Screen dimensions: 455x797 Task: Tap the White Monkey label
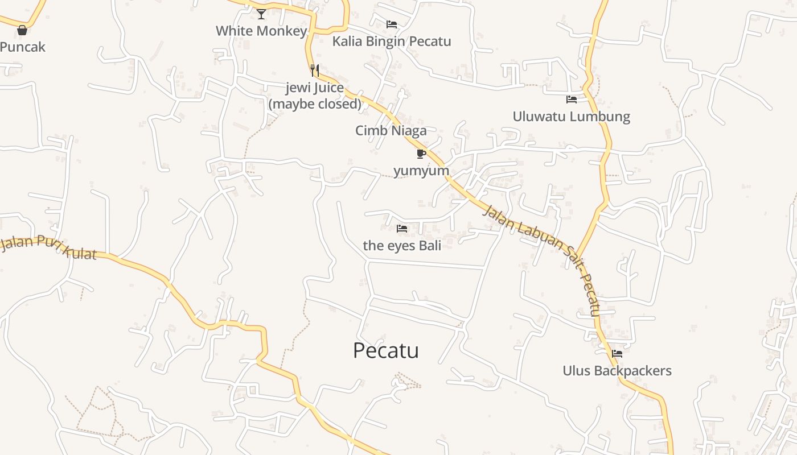(x=261, y=31)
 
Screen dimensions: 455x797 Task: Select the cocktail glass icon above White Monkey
(x=261, y=14)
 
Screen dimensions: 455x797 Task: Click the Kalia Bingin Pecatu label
(x=392, y=41)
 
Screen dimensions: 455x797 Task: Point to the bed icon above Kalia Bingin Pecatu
(x=392, y=24)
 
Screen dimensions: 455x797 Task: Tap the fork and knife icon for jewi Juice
(x=314, y=71)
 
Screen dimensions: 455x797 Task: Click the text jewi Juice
(x=314, y=88)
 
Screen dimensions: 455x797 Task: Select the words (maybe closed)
(x=315, y=104)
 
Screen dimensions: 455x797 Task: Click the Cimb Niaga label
(x=391, y=131)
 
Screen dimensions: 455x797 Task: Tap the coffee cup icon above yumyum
(x=421, y=154)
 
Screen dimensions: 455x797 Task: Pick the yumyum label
(x=421, y=171)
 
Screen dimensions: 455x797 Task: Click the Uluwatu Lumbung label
(x=572, y=117)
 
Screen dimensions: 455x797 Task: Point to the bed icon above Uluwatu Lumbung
(x=572, y=100)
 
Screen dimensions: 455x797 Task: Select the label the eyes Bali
(x=402, y=246)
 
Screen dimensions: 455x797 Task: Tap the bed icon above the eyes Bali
(x=402, y=229)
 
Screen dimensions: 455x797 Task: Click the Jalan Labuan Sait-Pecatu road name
(x=543, y=256)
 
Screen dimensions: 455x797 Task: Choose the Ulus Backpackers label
(x=617, y=371)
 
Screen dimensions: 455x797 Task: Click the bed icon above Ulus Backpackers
(x=617, y=354)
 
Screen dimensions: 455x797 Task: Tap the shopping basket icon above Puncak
(x=22, y=30)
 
